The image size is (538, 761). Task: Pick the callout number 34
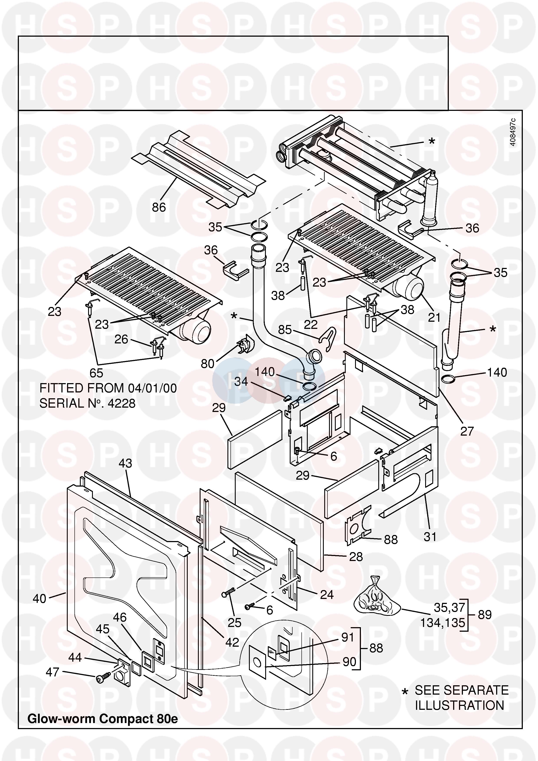[x=241, y=382]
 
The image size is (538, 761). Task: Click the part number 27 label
[x=467, y=431]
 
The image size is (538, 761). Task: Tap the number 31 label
[x=430, y=537]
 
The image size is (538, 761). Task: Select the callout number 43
[x=125, y=463]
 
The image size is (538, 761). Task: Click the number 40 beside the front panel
[x=39, y=599]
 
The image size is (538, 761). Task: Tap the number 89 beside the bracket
[x=485, y=615]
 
